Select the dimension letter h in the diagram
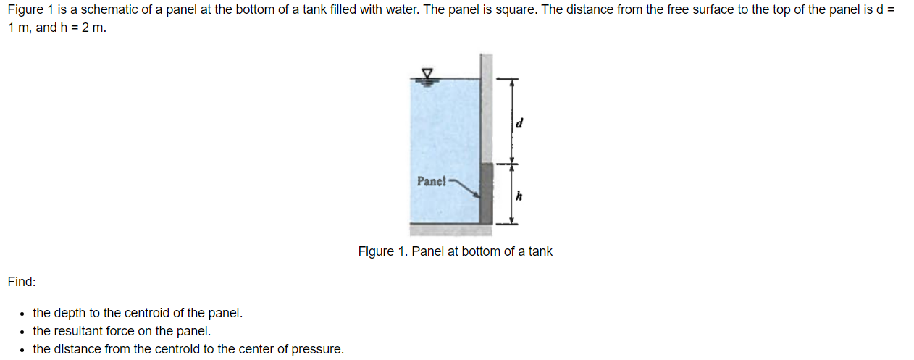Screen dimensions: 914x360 point(519,195)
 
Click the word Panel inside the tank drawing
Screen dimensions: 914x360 point(432,180)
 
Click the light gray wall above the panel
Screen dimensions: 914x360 point(487,109)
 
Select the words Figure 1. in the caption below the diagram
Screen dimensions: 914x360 point(382,251)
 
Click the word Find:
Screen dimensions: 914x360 point(22,281)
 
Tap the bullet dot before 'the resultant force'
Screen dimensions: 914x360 point(23,332)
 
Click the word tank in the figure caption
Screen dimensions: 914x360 point(540,251)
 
